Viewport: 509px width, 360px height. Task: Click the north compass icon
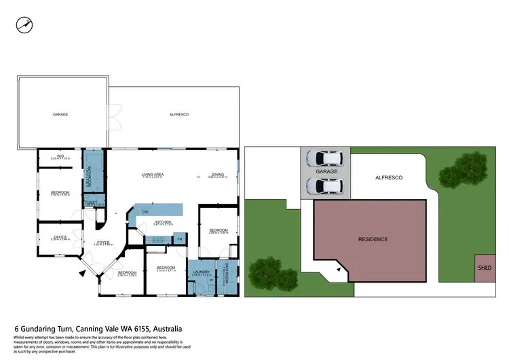click(25, 24)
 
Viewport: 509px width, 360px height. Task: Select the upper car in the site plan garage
click(324, 159)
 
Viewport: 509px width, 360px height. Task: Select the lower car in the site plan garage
click(324, 185)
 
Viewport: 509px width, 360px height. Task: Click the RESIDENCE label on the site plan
click(373, 239)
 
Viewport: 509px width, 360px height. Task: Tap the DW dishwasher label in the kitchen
click(145, 212)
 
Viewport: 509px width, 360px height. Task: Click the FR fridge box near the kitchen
click(180, 239)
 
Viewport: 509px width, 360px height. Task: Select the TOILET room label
click(90, 202)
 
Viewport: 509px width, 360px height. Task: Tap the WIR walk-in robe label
click(60, 157)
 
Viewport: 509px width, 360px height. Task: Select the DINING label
click(217, 175)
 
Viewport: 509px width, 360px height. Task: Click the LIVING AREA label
click(152, 175)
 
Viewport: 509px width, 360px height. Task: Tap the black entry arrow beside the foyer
click(83, 274)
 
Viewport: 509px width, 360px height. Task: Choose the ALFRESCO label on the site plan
click(390, 177)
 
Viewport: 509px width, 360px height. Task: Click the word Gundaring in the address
click(45, 329)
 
